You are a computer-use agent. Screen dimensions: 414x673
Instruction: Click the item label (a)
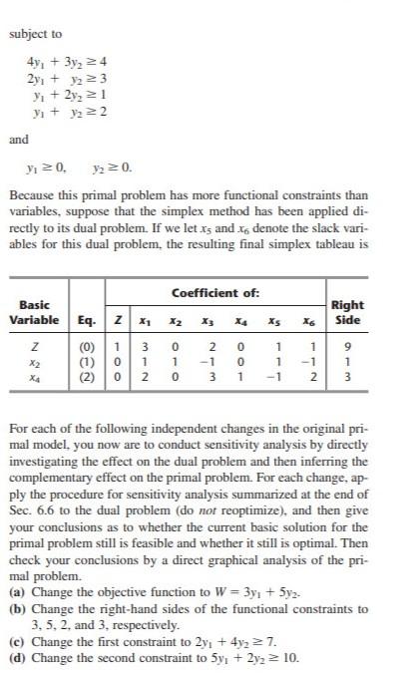(16, 606)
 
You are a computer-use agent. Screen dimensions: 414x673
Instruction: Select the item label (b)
(16, 621)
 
